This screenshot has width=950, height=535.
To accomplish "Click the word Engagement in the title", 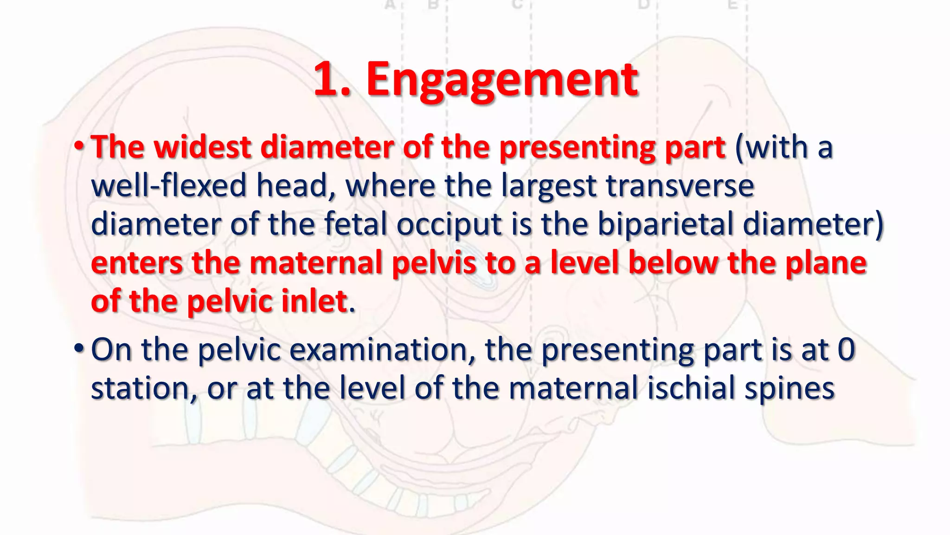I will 502,80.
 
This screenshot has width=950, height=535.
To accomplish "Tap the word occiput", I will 449,225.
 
